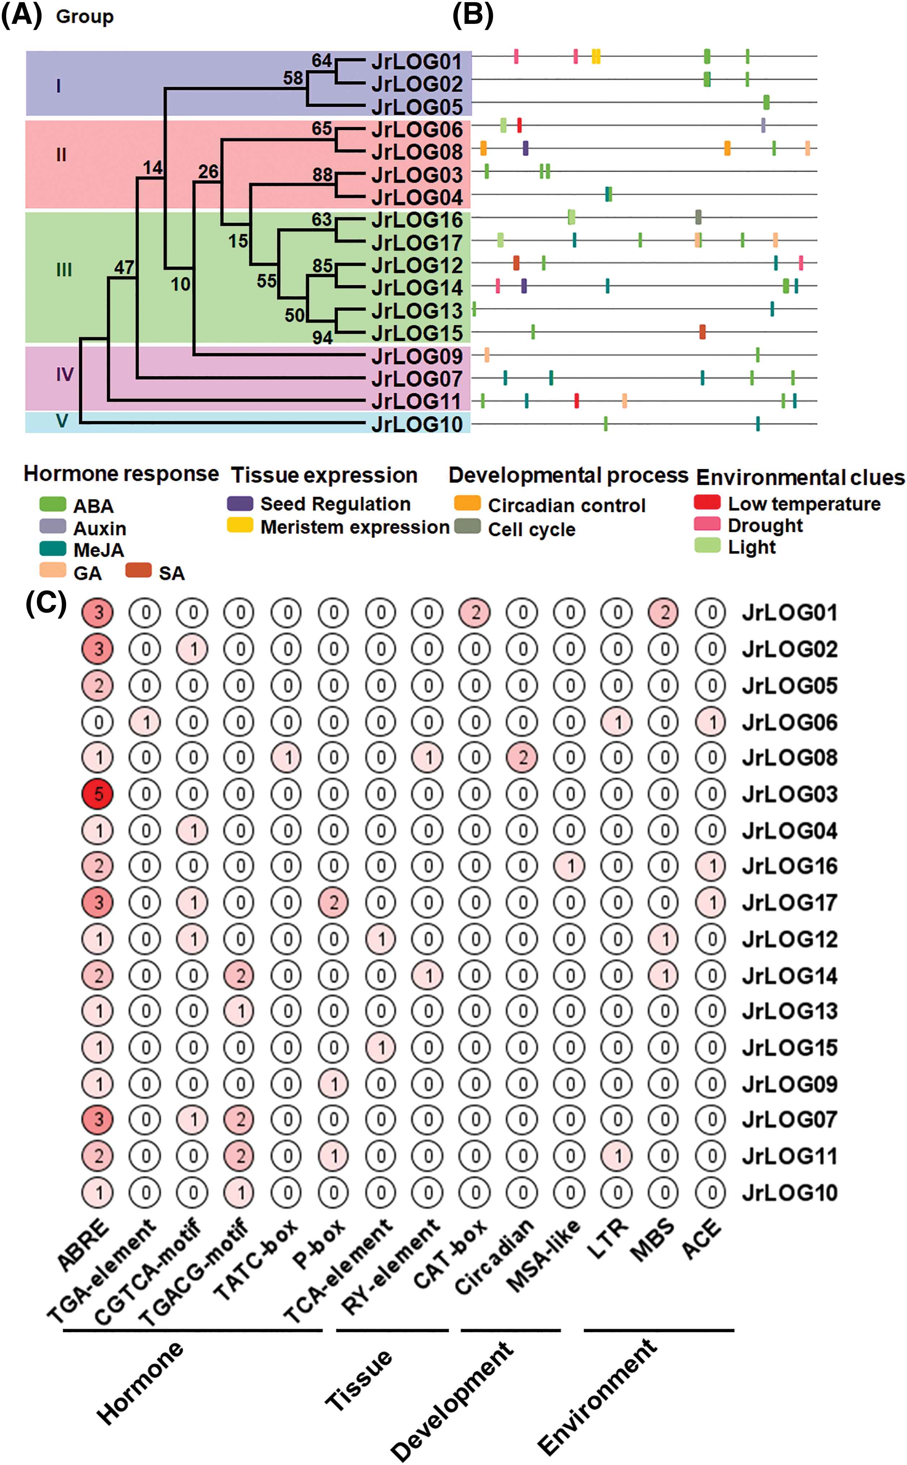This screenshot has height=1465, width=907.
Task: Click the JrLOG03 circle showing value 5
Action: click(x=98, y=794)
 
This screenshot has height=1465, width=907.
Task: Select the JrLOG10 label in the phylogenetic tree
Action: click(x=417, y=424)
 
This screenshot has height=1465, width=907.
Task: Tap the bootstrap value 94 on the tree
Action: click(x=322, y=338)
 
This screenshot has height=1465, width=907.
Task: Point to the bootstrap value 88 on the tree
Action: click(x=322, y=175)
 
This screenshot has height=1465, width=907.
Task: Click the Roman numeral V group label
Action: click(x=62, y=421)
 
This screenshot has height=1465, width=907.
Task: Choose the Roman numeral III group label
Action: click(x=64, y=270)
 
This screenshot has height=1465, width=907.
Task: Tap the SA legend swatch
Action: click(x=138, y=570)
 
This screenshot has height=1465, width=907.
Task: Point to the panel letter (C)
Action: click(x=46, y=603)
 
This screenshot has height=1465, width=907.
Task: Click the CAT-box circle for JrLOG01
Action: click(x=475, y=612)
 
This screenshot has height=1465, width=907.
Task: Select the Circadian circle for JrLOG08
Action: click(x=522, y=758)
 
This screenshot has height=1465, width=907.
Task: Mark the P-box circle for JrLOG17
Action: click(x=334, y=902)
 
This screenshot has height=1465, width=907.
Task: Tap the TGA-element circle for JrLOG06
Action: click(x=146, y=722)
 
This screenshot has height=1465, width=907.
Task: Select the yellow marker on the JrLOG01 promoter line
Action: click(x=596, y=56)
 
